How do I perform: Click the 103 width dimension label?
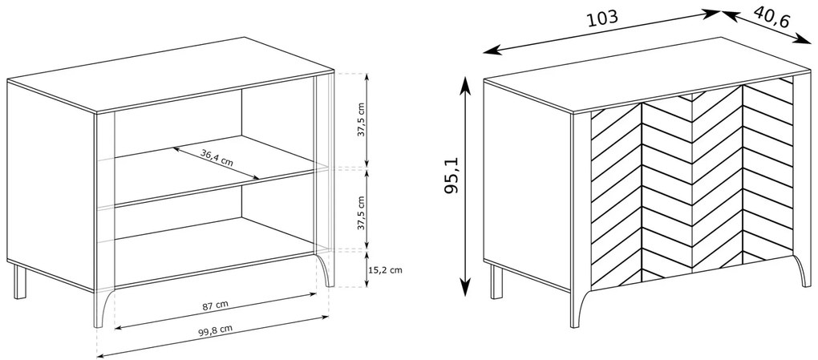point(602,18)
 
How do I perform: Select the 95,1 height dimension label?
point(451,175)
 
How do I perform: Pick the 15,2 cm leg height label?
point(385,269)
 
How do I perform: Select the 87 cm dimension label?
point(216,305)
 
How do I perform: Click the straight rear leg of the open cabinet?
point(20,281)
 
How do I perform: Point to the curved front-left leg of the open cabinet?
point(103,309)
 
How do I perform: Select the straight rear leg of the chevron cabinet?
point(496,281)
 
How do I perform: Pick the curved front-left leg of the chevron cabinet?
point(581,309)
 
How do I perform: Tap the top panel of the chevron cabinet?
point(646,74)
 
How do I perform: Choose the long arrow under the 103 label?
point(602,32)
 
